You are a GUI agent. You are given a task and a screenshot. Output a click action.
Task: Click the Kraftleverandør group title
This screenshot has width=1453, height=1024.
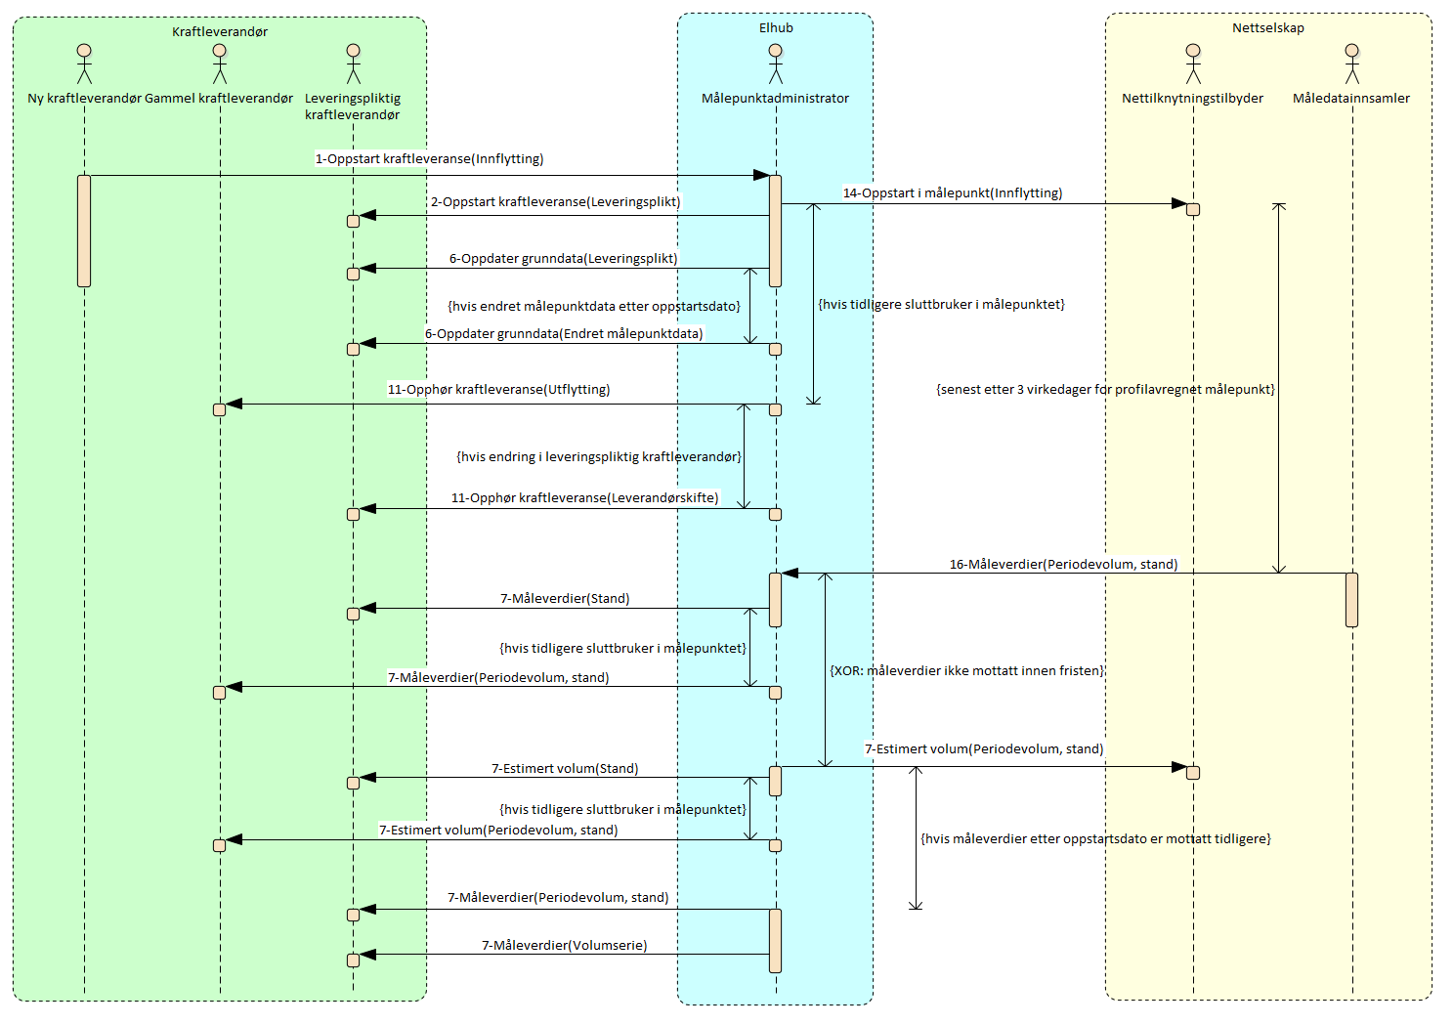click(x=220, y=32)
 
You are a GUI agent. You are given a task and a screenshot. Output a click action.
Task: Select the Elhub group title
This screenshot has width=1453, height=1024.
click(x=776, y=28)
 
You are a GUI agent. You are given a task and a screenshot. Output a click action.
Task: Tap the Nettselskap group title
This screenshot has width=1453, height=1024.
click(x=1267, y=28)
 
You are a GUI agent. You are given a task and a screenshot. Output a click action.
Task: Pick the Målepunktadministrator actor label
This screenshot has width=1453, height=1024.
click(x=775, y=99)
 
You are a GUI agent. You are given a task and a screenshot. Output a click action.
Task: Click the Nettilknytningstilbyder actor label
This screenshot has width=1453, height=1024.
click(x=1192, y=99)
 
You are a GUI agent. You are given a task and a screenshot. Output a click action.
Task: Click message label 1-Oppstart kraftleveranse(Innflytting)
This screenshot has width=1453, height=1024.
click(x=429, y=159)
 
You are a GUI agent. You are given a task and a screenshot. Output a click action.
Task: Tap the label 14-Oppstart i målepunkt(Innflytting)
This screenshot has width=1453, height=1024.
click(x=953, y=193)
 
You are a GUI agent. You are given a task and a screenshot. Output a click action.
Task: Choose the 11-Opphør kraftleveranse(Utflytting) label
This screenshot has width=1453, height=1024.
click(x=498, y=390)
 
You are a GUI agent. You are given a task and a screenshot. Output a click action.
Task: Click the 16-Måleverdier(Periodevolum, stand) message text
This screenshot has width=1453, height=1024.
click(x=1063, y=565)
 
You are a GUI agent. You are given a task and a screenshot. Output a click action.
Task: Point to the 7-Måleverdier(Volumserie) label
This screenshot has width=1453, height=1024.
click(x=564, y=946)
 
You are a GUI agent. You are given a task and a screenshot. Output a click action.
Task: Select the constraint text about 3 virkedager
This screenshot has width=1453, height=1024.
click(x=1105, y=390)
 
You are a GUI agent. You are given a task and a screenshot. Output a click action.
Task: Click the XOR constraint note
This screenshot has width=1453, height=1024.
click(x=966, y=671)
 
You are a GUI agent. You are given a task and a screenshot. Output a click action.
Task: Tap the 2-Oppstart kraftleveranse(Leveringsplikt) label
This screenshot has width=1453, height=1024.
click(x=555, y=202)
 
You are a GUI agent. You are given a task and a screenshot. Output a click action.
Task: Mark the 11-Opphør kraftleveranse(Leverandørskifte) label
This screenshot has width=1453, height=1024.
click(x=584, y=498)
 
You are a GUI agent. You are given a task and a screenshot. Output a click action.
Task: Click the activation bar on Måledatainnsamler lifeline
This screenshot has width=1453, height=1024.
click(x=1351, y=599)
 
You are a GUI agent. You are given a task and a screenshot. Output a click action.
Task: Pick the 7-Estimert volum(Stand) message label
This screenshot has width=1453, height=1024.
click(x=565, y=769)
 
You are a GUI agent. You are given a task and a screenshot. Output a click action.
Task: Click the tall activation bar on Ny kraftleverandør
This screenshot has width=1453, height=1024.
click(x=84, y=231)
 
